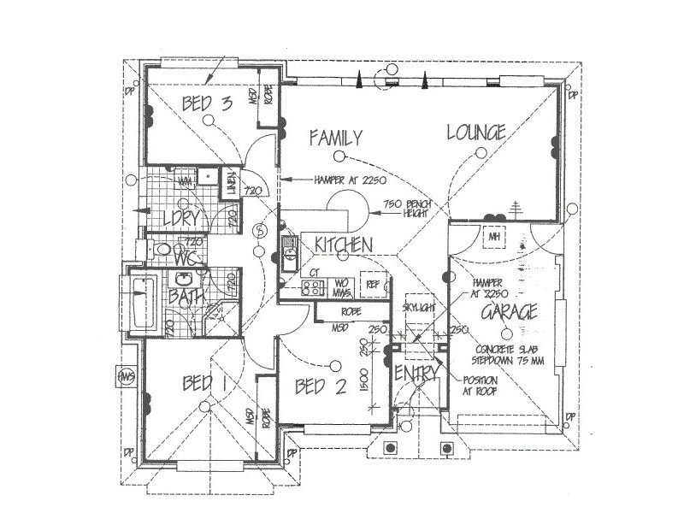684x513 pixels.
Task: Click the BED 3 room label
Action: (x=207, y=104)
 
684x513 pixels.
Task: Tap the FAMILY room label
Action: (x=336, y=138)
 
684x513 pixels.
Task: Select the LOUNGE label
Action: (x=476, y=132)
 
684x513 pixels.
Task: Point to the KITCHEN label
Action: (x=343, y=245)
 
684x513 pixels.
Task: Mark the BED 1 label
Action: (x=203, y=384)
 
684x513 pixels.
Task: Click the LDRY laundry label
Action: (x=180, y=219)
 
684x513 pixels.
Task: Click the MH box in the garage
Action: (x=493, y=236)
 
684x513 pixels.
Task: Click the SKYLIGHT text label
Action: (x=419, y=306)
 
